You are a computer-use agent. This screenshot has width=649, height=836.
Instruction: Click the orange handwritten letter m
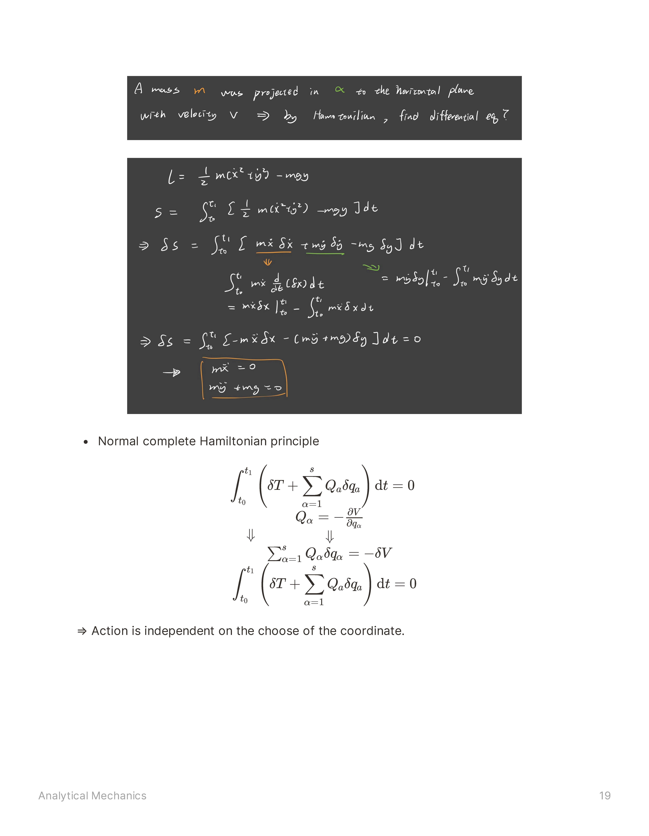199,91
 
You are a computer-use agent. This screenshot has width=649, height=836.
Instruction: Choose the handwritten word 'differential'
454,116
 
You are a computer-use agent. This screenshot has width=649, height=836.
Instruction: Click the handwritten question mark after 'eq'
506,115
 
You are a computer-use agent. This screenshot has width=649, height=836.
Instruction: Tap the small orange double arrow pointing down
267,262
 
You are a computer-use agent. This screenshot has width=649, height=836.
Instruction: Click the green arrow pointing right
371,267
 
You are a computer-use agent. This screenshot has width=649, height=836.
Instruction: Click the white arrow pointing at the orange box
172,372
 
